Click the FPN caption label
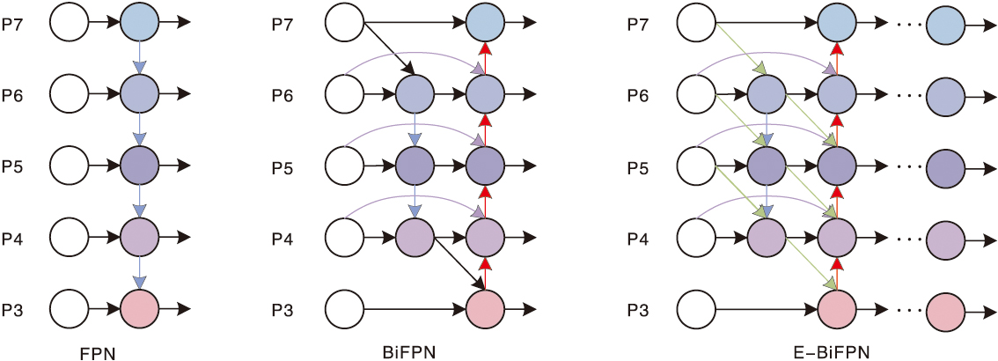coord(99,353)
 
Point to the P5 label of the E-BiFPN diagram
coord(640,166)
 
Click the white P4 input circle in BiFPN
coord(345,237)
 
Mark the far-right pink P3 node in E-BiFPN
coord(946,309)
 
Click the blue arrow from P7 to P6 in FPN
coord(138,57)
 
